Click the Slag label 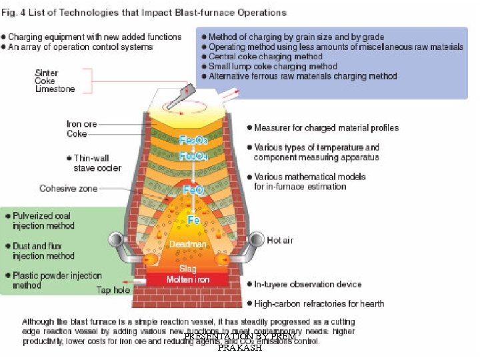point(188,269)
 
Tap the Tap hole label point(113,290)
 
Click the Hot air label point(280,240)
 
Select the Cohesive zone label point(68,189)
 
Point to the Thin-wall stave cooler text point(97,163)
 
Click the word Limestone point(55,89)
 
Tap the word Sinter point(46,73)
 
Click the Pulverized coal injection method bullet point(43,221)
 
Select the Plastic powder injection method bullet point(57,280)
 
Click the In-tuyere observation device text point(307,284)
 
